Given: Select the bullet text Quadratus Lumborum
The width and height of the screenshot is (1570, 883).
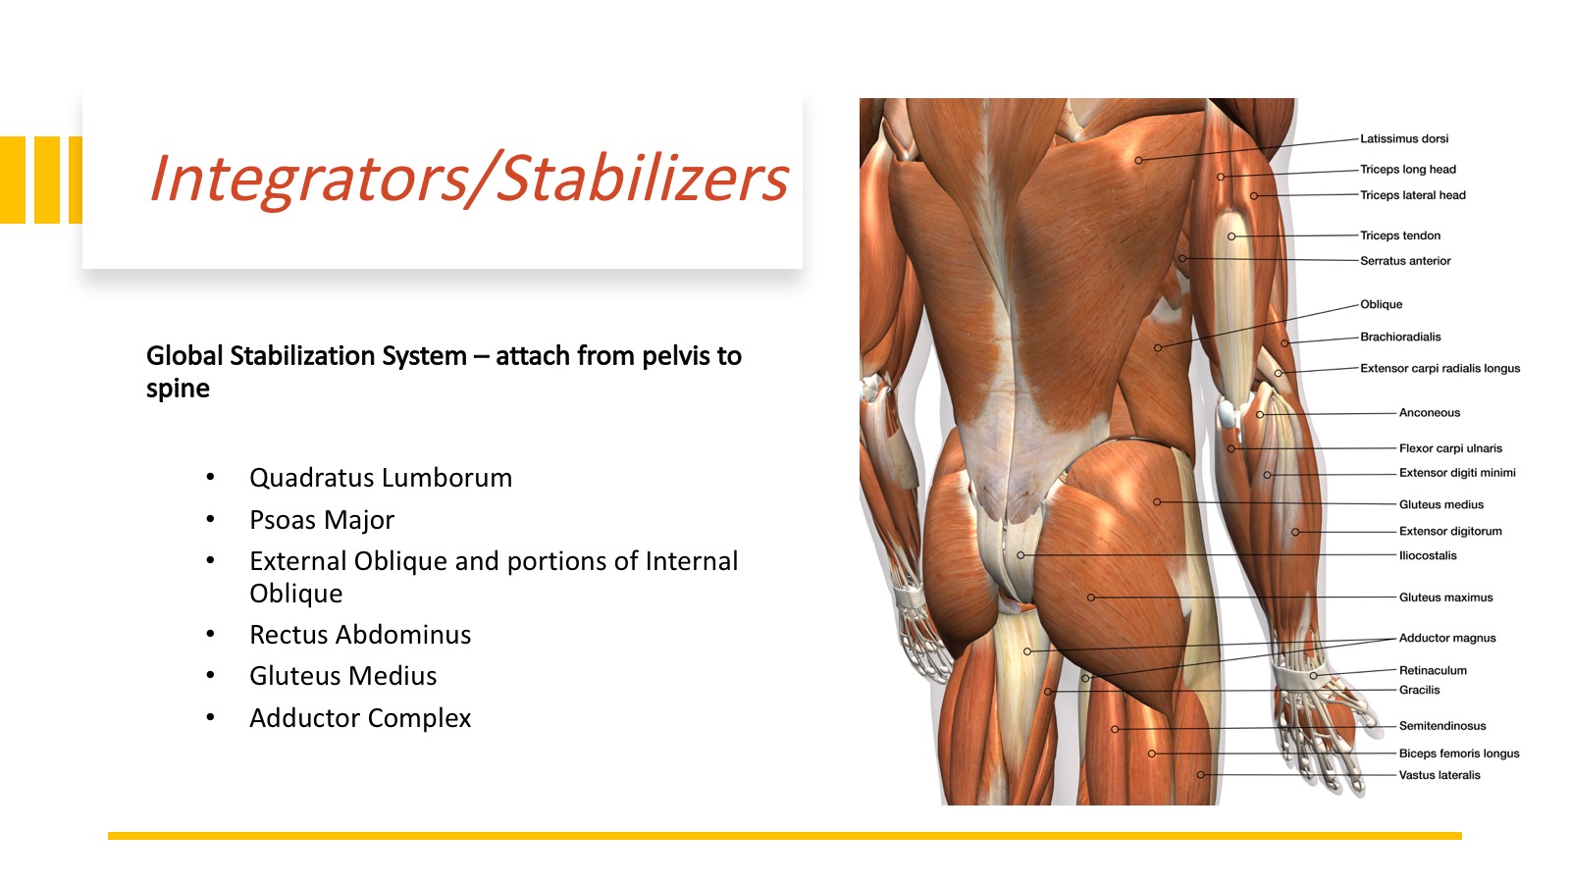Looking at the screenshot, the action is [381, 478].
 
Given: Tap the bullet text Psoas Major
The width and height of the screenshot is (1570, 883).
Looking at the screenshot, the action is [322, 520].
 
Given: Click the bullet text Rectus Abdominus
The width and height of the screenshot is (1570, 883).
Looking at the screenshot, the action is [360, 635].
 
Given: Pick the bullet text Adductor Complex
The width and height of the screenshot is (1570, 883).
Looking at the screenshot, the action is [360, 718].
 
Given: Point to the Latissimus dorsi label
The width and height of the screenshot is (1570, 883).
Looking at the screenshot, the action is [1404, 138].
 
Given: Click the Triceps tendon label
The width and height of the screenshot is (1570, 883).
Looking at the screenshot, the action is [1399, 235].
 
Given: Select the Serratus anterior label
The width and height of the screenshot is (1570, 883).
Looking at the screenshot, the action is [1404, 261].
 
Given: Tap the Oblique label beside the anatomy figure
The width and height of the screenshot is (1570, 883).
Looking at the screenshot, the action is [1381, 304].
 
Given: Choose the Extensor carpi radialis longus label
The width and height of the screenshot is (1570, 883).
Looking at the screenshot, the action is [1439, 369].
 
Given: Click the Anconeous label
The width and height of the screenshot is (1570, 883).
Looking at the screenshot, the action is [1429, 413].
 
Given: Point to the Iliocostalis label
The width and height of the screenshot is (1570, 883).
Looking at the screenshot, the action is [1428, 555].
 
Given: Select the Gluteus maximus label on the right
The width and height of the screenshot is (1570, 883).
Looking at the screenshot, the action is [1445, 597].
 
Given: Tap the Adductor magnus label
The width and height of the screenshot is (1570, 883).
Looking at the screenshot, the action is [1447, 639].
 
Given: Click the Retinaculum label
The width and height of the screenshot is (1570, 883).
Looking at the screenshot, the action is [1433, 671].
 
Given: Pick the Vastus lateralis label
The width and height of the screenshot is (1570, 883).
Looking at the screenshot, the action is [1439, 775].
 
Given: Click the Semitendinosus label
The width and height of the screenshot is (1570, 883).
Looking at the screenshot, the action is [1442, 726].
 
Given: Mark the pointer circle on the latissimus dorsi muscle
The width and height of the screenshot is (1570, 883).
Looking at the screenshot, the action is [1138, 161].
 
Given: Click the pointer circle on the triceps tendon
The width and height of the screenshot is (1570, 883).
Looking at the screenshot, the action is [1231, 236].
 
